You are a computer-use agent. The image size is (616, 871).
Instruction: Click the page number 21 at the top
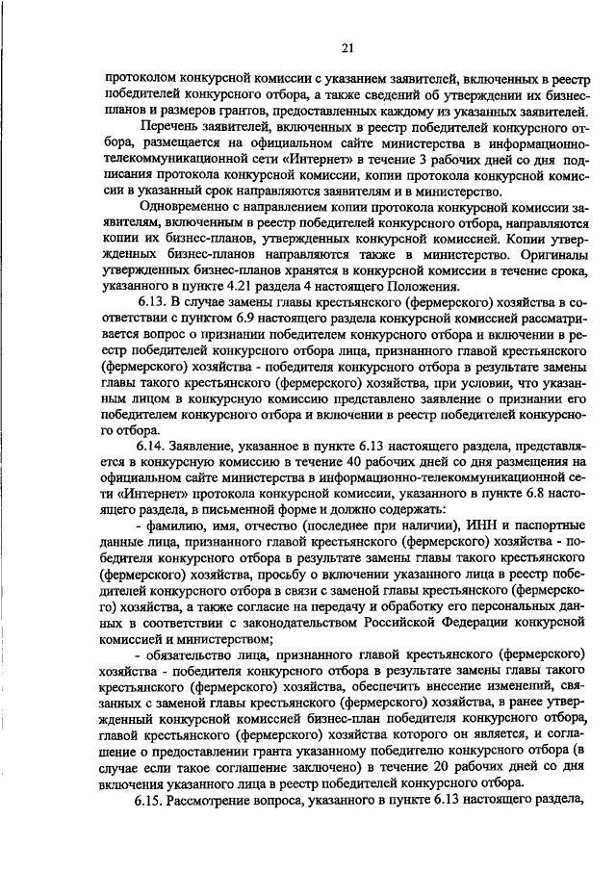click(x=347, y=47)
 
